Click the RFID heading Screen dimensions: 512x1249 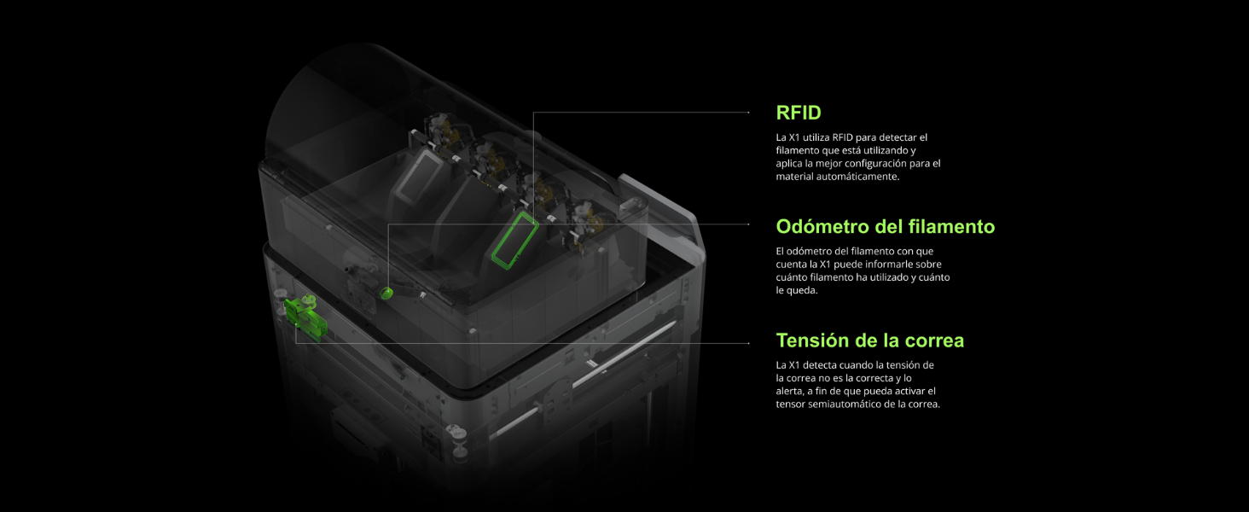click(799, 113)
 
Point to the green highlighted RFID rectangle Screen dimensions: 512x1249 click(514, 241)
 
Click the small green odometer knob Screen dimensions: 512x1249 click(386, 294)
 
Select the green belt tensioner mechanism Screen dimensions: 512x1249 click(305, 313)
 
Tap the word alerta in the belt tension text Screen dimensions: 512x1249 click(790, 391)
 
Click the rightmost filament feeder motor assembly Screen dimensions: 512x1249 click(588, 221)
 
